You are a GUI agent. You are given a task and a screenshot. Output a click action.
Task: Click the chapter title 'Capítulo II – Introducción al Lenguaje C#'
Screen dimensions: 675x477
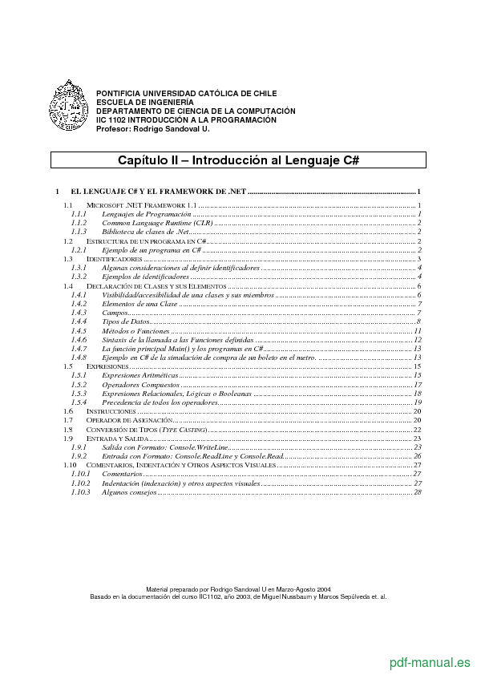click(238, 160)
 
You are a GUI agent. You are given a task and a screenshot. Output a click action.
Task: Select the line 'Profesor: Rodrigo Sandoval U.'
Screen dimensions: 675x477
click(152, 128)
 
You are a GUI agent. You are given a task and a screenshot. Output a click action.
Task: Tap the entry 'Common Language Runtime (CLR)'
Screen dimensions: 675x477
click(152, 223)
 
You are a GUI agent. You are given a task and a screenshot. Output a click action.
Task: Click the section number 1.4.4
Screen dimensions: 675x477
click(79, 321)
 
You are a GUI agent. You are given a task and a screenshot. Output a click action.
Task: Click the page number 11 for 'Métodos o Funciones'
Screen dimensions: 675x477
click(417, 330)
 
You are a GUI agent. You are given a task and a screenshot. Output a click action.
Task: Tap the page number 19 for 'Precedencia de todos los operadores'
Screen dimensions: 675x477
click(417, 402)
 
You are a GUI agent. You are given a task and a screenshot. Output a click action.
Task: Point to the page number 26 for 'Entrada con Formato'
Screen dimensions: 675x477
click(417, 455)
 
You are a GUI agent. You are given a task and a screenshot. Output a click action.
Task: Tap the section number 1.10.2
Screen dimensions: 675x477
click(80, 483)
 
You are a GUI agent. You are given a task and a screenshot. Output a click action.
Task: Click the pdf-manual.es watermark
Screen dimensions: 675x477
click(430, 662)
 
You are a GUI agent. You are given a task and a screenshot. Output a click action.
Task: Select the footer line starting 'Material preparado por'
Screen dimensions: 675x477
click(238, 588)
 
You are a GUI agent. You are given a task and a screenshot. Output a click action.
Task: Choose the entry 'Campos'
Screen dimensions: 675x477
click(115, 313)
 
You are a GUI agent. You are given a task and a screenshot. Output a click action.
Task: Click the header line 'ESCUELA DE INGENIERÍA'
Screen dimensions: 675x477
click(145, 103)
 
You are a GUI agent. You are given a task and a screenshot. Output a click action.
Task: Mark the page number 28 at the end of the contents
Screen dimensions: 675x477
click(417, 491)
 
